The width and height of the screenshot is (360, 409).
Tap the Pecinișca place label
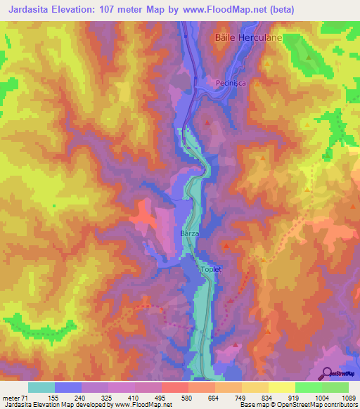(234, 82)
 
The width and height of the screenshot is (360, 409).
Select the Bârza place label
(191, 233)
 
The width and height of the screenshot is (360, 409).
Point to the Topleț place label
(212, 269)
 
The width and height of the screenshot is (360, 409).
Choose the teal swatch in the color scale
(41, 387)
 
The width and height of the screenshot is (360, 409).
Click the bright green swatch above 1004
(308, 387)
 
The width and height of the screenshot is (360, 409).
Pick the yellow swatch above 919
(281, 387)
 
